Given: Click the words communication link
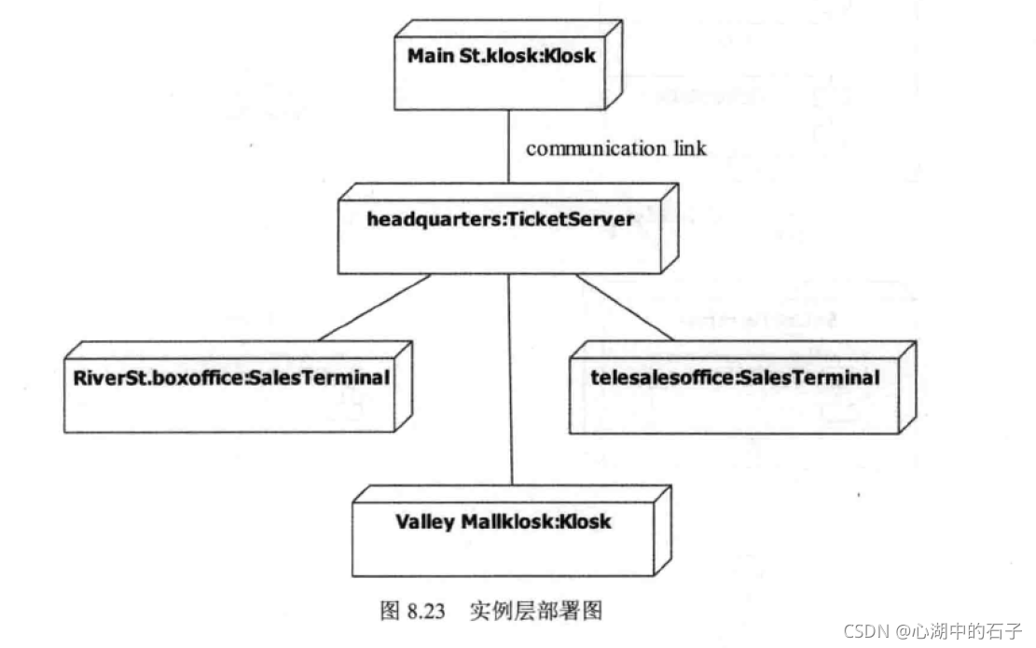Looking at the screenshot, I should pyautogui.click(x=616, y=148).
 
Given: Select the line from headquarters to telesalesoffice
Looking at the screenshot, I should pyautogui.click(x=625, y=307).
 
